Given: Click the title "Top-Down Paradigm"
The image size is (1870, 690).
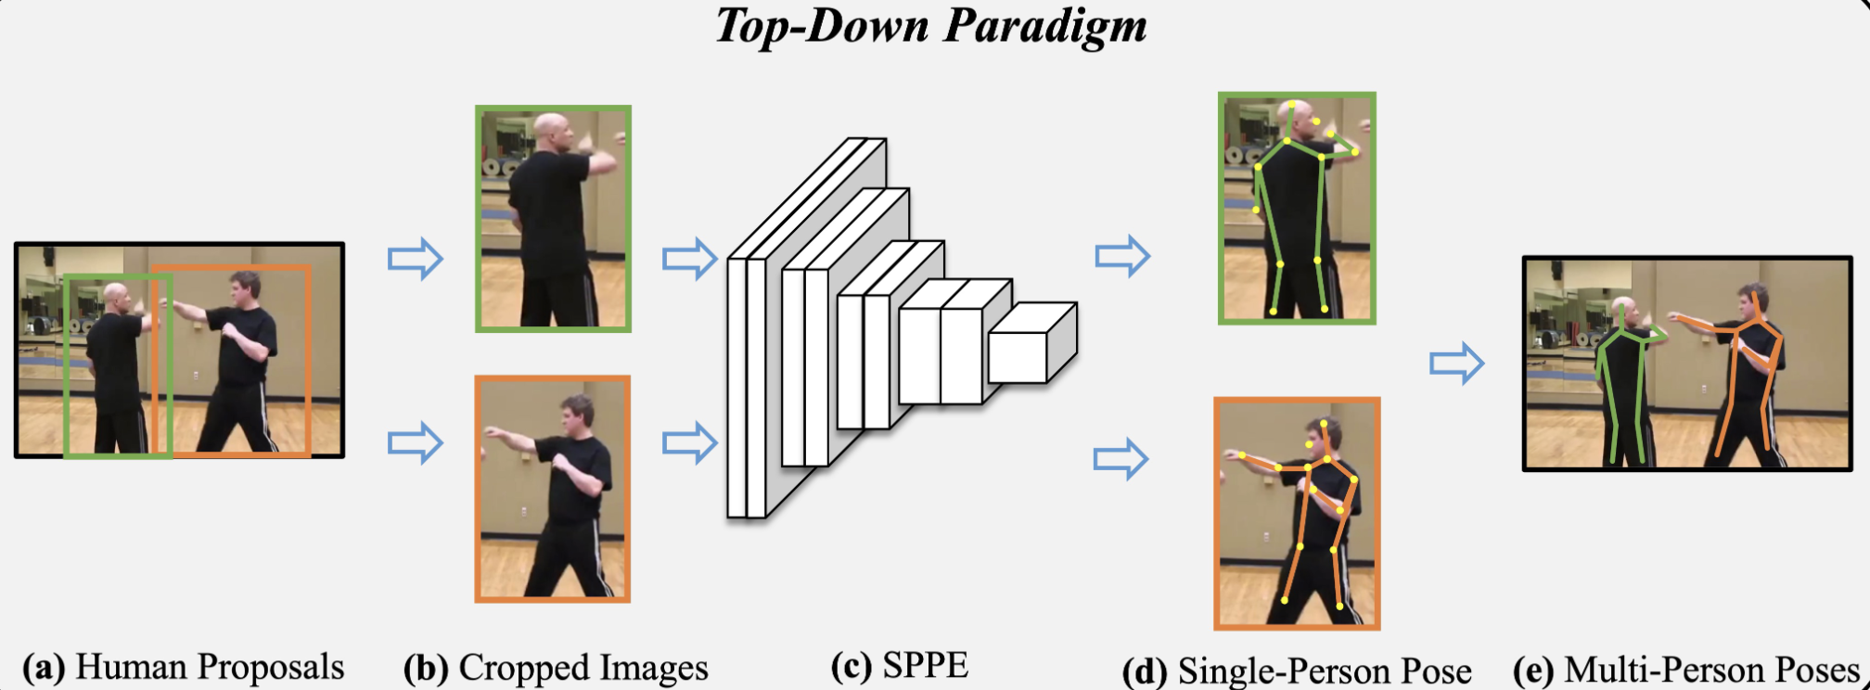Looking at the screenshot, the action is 930,25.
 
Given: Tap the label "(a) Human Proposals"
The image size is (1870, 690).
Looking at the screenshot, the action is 183,667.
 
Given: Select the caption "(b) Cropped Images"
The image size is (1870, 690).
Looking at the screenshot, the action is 556,668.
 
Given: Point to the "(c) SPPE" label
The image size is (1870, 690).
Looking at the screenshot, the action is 900,665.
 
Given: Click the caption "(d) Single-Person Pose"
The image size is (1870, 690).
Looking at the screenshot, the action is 1297,671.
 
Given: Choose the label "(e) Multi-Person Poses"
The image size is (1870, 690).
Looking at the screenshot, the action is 1686,670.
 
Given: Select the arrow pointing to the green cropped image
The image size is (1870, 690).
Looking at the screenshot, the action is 415,258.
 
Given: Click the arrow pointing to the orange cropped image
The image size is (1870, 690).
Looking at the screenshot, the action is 415,442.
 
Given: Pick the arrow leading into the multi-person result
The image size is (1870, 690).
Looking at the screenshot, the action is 1456,363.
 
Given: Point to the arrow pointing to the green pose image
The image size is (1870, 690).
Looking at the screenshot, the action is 1122,255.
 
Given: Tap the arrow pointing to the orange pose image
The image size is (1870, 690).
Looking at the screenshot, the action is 1121,458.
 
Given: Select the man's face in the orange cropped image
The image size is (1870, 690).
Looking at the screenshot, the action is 577,416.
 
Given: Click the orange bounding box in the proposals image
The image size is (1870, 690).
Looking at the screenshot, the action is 309,362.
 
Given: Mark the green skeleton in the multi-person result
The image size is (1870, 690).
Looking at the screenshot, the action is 1620,380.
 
